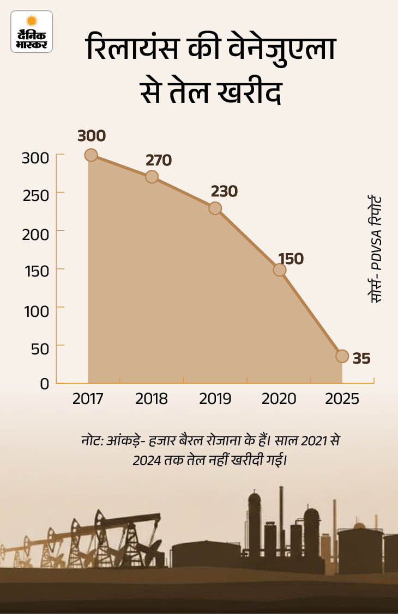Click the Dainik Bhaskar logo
click(x=32, y=32)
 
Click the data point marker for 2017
click(x=91, y=155)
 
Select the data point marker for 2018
click(x=152, y=177)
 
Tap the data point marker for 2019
click(x=215, y=208)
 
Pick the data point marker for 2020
click(x=280, y=269)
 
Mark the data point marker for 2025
click(x=342, y=356)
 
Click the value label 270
click(x=159, y=160)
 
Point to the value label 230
click(x=224, y=192)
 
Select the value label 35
click(x=361, y=359)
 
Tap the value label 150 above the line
click(x=290, y=259)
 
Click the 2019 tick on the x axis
click(x=215, y=399)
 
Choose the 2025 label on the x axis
click(x=342, y=399)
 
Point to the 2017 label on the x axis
click(x=88, y=399)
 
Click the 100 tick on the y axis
click(x=38, y=308)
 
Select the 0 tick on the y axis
click(x=44, y=384)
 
